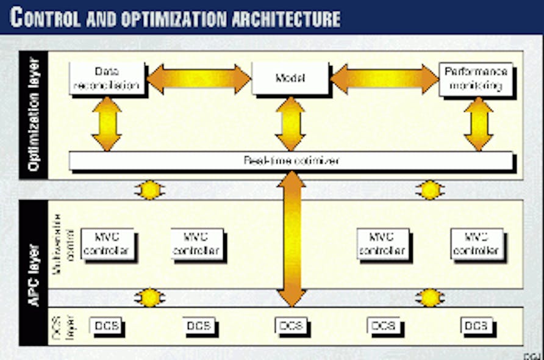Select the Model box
click(x=290, y=78)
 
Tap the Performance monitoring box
click(x=476, y=79)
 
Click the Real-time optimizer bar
click(x=291, y=161)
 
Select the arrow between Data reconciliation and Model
click(x=198, y=79)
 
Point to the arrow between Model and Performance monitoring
click(x=384, y=79)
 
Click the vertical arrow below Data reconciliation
click(x=107, y=123)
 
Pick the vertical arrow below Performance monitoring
click(x=478, y=123)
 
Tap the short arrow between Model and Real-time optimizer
click(x=290, y=123)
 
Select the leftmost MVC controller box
click(x=107, y=243)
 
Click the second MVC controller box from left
click(x=196, y=243)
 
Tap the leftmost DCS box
click(x=106, y=326)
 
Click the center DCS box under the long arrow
click(x=290, y=326)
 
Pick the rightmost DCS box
click(x=476, y=326)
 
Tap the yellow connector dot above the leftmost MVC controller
click(x=149, y=190)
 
